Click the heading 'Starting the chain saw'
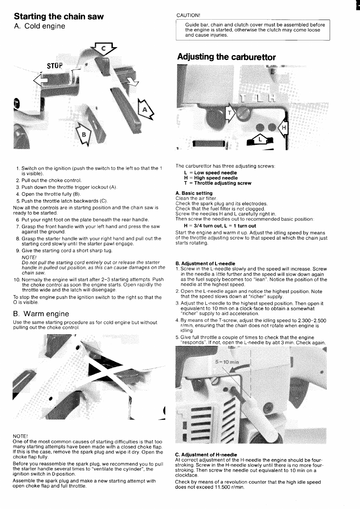(x=58, y=17)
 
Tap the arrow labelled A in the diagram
(x=145, y=109)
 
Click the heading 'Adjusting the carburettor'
(x=226, y=57)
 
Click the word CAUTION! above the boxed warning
(x=188, y=15)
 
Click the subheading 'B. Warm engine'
(x=41, y=314)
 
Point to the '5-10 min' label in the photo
(x=227, y=362)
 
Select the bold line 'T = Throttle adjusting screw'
(x=218, y=183)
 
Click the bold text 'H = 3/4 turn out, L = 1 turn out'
(x=220, y=226)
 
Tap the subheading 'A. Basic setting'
(x=194, y=193)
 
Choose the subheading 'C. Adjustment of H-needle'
(x=206, y=455)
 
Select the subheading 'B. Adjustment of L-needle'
(x=205, y=263)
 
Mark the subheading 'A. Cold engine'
(x=39, y=26)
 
